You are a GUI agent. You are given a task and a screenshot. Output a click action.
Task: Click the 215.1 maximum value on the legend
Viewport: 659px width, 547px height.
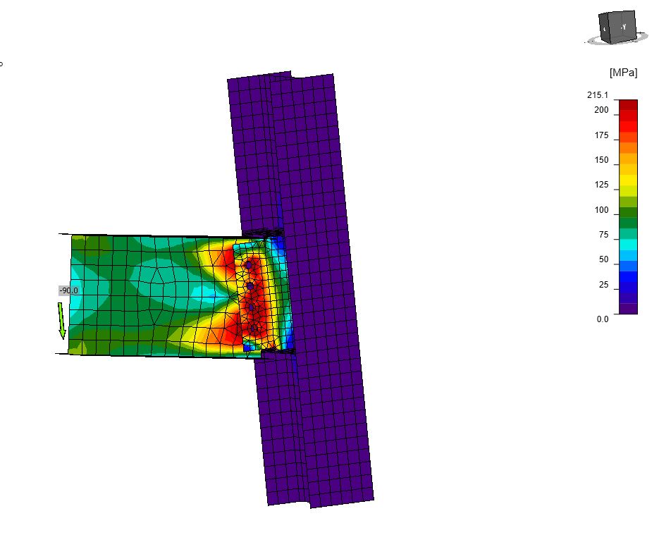[598, 95]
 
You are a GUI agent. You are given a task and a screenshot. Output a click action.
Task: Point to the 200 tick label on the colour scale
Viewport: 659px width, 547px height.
[601, 110]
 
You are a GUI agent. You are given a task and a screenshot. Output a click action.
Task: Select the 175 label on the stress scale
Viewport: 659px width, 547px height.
[601, 135]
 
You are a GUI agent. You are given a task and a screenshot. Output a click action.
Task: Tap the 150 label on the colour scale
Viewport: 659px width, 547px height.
[601, 160]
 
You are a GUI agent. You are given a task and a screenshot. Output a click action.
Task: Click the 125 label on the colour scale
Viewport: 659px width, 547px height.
[601, 185]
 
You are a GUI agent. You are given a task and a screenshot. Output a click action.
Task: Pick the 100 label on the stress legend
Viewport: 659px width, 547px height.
[601, 210]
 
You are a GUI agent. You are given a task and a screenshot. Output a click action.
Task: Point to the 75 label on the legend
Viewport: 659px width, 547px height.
[603, 235]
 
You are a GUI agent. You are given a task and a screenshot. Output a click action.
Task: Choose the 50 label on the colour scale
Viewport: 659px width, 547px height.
[603, 259]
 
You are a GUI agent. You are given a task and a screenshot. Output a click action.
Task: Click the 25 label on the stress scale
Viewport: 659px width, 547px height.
[603, 285]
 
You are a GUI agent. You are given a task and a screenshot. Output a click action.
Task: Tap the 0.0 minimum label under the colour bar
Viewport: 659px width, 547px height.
[603, 319]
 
